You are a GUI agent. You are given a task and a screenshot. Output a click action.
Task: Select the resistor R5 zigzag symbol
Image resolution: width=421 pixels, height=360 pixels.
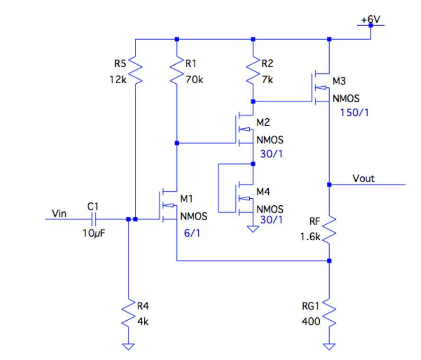135,71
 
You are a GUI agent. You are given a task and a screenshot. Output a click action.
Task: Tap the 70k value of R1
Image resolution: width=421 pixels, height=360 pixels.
193,80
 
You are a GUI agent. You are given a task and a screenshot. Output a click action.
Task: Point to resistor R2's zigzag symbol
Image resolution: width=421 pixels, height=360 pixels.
253,71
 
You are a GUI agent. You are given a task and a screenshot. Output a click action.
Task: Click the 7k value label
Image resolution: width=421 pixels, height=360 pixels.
267,80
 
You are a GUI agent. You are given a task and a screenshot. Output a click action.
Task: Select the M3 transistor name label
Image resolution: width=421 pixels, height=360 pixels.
339,81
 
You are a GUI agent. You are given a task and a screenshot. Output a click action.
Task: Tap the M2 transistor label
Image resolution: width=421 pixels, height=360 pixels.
263,123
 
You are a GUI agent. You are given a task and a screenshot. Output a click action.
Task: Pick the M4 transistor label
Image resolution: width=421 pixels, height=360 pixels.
263,192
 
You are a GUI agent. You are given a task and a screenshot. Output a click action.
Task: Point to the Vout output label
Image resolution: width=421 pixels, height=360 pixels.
363,178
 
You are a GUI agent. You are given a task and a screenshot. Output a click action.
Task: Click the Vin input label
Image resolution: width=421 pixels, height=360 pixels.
60,214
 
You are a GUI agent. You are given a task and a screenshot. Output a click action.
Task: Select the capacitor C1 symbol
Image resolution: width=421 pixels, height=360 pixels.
93,219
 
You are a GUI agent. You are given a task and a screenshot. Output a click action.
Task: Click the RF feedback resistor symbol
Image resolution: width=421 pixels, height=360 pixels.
329,228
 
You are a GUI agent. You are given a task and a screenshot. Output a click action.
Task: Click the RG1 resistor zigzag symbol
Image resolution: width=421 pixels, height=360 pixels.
329,315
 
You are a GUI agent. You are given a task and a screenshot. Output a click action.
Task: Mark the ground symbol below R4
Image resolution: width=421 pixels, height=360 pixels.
128,346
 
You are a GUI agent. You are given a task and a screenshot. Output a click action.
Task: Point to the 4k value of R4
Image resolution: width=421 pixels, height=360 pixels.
143,321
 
